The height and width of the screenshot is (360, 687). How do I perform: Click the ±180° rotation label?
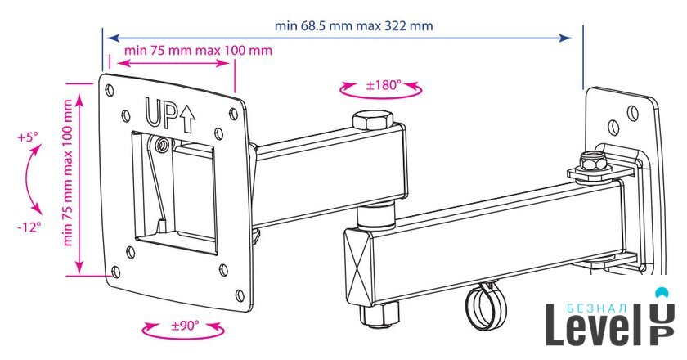tap(384, 84)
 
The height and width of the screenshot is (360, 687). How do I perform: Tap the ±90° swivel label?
tap(185, 326)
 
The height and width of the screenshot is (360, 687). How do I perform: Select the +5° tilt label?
tap(28, 137)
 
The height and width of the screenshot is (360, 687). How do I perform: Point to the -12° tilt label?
tap(29, 227)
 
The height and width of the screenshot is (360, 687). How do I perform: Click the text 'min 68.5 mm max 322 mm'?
tap(353, 25)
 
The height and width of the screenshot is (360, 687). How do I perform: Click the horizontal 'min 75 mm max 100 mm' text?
tap(198, 50)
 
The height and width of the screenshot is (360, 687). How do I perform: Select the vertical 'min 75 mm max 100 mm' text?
tap(68, 173)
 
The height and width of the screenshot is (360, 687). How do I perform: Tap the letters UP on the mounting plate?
tap(161, 113)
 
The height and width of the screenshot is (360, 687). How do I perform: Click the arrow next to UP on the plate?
tap(187, 119)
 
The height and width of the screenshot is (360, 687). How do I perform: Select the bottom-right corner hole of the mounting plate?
tap(240, 295)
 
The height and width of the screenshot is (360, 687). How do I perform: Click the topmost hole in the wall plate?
tap(633, 112)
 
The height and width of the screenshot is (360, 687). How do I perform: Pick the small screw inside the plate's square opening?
tap(163, 145)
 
